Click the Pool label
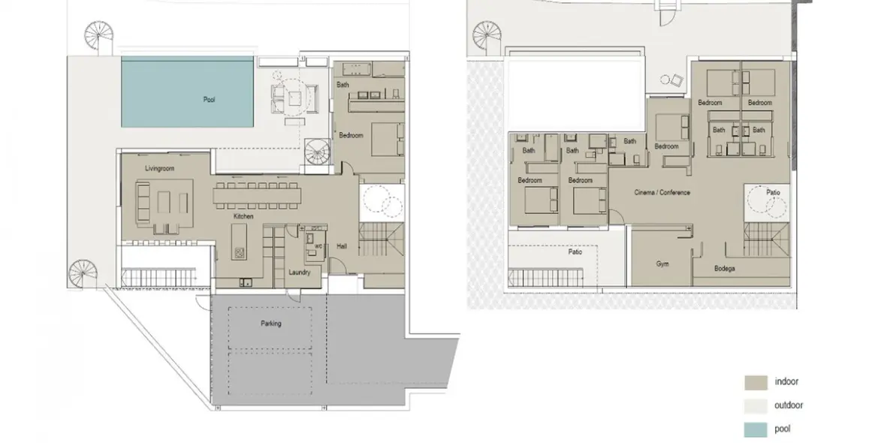tap(209, 99)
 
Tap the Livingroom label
tap(160, 170)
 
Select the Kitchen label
tap(243, 217)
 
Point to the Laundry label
tap(299, 273)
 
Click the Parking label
tap(271, 324)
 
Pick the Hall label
tap(342, 246)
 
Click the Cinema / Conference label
tap(661, 193)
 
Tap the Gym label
tap(662, 264)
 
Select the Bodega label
tap(724, 269)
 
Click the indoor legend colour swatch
tap(756, 382)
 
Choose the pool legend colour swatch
tap(756, 429)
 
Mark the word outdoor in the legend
tap(789, 405)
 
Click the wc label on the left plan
tap(318, 246)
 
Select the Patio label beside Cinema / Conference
tap(773, 193)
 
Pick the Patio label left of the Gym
tap(575, 252)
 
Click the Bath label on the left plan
tap(343, 85)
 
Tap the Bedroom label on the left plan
tap(351, 135)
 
